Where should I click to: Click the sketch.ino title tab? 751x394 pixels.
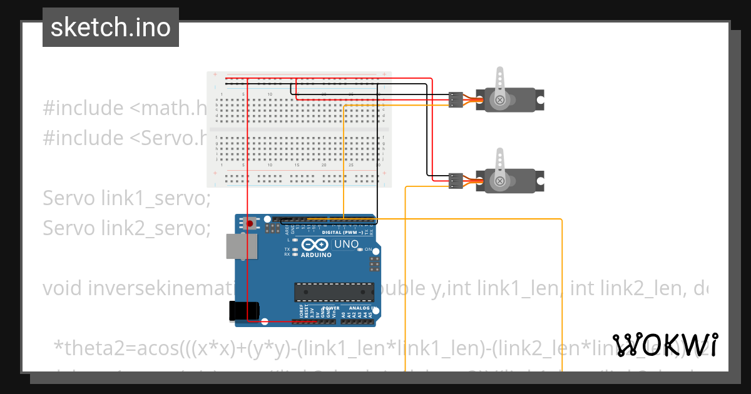tap(111, 28)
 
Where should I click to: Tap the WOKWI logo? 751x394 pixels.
tap(665, 345)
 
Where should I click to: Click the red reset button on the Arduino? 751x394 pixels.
tap(250, 223)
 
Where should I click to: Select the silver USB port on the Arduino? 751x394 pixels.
tap(242, 246)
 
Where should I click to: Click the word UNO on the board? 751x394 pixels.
tap(346, 244)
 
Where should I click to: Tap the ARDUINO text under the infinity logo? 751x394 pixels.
tap(316, 255)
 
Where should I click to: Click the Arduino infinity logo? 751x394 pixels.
tap(315, 245)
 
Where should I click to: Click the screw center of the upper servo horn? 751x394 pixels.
tap(499, 100)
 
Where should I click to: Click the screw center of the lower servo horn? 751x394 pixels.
tap(499, 181)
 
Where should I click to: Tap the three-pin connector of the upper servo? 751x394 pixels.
tap(456, 99)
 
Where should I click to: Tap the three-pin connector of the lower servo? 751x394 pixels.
tap(456, 181)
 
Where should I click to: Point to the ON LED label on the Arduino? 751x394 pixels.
tap(368, 249)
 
